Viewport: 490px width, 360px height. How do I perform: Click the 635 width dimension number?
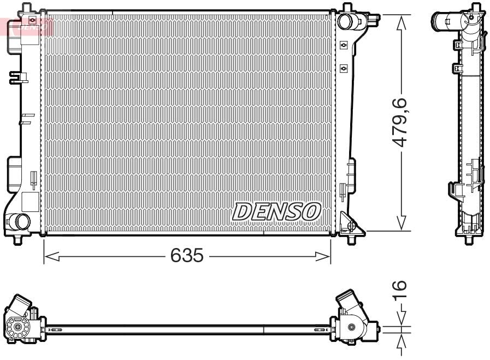click(x=187, y=255)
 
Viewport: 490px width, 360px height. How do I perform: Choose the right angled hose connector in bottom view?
click(x=347, y=302)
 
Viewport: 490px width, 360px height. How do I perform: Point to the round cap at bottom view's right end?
click(x=351, y=328)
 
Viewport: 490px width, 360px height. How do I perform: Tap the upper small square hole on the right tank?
click(x=344, y=45)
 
